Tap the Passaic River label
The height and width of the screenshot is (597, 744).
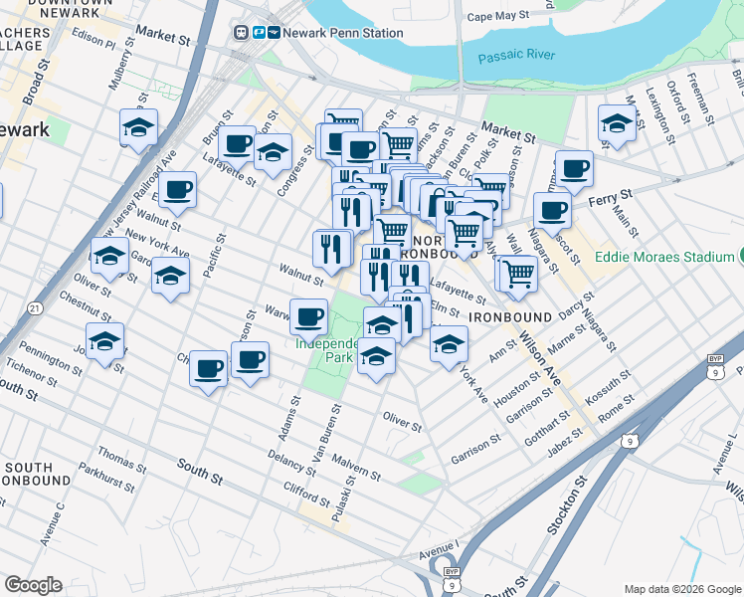(514, 57)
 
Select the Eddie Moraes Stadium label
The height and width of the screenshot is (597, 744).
(663, 257)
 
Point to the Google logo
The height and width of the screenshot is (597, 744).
(33, 585)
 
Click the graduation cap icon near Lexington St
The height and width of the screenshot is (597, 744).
(618, 124)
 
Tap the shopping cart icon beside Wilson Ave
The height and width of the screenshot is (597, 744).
(517, 272)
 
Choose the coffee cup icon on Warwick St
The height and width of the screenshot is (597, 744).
(308, 316)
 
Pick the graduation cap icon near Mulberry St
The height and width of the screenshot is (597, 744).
(138, 126)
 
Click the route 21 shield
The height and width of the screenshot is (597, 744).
(35, 309)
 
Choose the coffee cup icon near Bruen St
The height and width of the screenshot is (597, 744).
(237, 143)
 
